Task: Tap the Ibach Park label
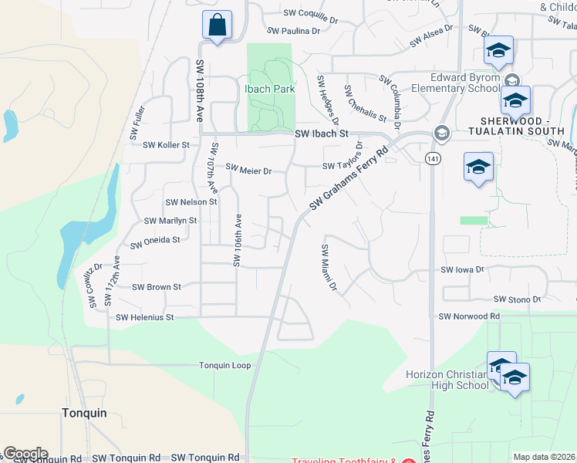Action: point(269,90)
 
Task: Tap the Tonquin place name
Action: point(83,413)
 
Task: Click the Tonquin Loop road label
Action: point(224,365)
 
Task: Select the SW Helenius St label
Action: point(146,317)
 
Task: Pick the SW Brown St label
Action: point(156,287)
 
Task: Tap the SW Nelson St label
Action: point(191,202)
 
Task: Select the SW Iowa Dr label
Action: point(461,270)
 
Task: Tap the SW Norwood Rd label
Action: point(469,316)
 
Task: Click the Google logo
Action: point(25,454)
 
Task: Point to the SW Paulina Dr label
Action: point(293,31)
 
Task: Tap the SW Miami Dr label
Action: point(329,268)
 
